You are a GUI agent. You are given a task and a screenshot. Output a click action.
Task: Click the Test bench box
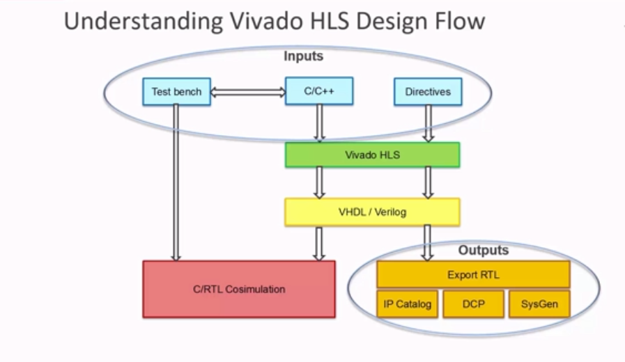click(176, 92)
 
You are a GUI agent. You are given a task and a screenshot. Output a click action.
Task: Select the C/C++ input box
click(319, 91)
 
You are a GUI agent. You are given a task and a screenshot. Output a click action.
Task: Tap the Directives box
click(428, 92)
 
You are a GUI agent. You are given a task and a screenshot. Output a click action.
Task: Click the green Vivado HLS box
click(372, 155)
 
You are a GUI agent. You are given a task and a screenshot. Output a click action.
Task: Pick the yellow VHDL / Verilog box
click(372, 212)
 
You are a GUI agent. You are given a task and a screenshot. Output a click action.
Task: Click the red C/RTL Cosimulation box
click(239, 289)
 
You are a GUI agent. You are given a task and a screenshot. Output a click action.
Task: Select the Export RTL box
click(473, 274)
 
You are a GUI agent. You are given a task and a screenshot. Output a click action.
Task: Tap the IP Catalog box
click(408, 304)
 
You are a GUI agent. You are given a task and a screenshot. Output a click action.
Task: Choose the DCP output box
click(473, 304)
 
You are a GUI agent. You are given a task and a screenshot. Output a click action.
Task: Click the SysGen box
click(539, 304)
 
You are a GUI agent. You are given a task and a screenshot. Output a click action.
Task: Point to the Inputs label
click(303, 56)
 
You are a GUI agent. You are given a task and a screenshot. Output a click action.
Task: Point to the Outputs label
click(483, 250)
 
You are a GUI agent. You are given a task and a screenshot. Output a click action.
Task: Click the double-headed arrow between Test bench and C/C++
click(248, 92)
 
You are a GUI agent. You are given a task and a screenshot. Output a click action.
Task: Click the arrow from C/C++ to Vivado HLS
click(319, 124)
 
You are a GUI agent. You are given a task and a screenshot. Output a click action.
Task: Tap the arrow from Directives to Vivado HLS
click(428, 124)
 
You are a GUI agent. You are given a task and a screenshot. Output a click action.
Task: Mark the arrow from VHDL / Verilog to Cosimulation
click(319, 243)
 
